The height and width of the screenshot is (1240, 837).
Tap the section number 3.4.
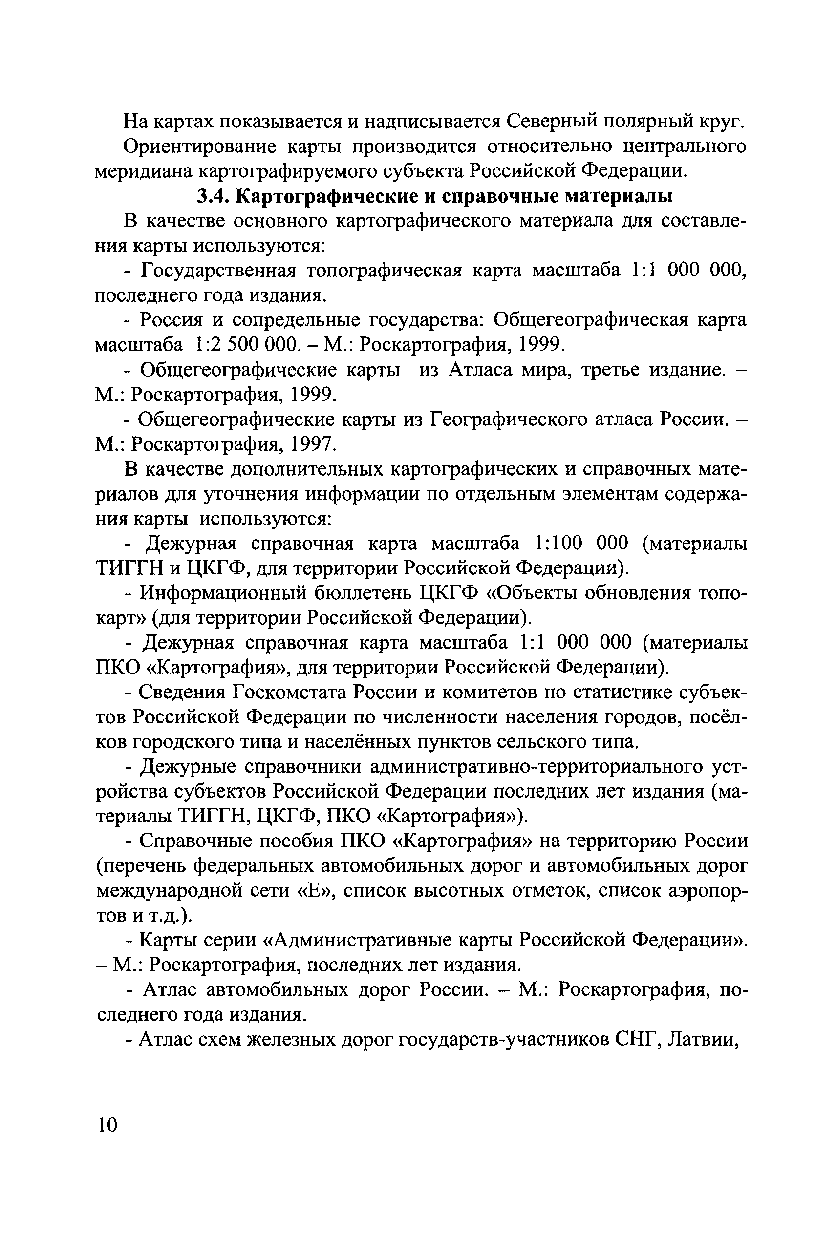click(x=213, y=196)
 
